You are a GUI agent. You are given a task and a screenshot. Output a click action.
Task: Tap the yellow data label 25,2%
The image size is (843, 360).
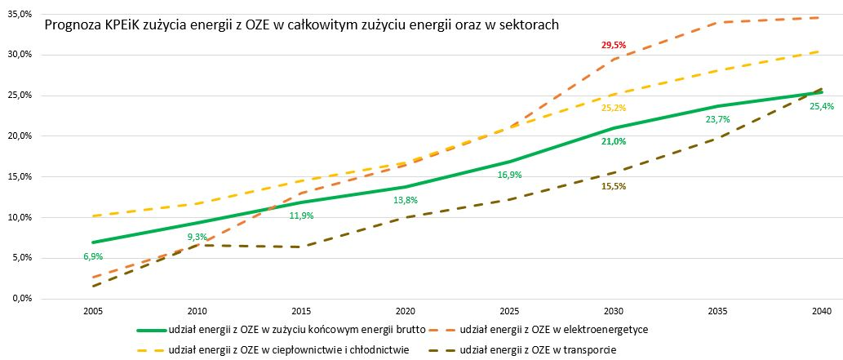coord(613,108)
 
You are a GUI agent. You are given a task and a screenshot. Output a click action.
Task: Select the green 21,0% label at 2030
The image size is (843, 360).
coord(613,141)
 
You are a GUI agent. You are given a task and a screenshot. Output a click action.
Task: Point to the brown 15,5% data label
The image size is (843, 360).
coord(613,186)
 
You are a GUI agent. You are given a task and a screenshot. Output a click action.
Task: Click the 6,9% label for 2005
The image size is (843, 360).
coord(94,256)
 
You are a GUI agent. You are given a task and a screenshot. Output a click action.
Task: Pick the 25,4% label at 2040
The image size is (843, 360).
coord(821,107)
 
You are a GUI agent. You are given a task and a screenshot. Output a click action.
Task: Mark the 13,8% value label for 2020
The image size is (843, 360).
coord(406,200)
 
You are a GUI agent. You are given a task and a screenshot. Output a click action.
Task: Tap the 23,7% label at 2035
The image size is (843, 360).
coord(717,119)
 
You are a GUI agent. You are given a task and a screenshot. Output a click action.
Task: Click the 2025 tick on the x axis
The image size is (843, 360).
coord(509,313)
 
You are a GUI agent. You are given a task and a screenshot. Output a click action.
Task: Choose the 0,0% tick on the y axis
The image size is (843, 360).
coord(20,299)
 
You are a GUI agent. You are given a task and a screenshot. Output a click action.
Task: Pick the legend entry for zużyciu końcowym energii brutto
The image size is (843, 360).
coord(294,331)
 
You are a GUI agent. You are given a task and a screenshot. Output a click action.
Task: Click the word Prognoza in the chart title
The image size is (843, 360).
coord(72,25)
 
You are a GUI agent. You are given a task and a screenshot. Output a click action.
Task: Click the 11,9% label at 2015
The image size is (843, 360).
coord(302,216)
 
